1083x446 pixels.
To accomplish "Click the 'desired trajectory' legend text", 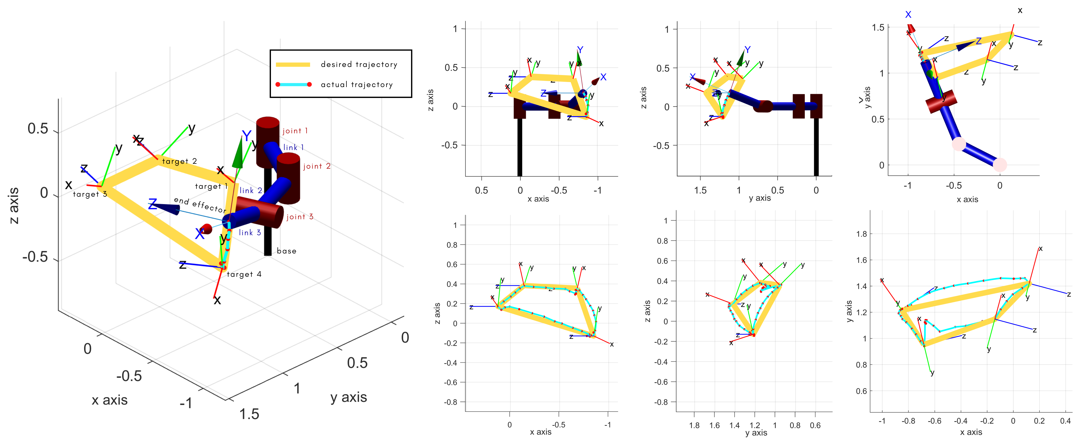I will point(359,64).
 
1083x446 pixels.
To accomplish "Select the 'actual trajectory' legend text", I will point(356,84).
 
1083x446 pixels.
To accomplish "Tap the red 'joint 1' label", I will point(295,131).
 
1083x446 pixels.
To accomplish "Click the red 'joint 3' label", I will point(300,217).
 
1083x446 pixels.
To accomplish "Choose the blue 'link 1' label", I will point(294,147).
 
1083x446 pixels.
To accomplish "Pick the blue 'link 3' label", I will point(250,232).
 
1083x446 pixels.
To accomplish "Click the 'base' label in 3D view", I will point(286,251).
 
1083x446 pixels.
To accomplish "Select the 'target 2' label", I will point(180,161).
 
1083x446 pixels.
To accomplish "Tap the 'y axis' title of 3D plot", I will point(349,397).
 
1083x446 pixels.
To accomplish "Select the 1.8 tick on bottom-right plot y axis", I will point(862,234).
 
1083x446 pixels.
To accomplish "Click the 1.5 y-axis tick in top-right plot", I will point(878,28).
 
